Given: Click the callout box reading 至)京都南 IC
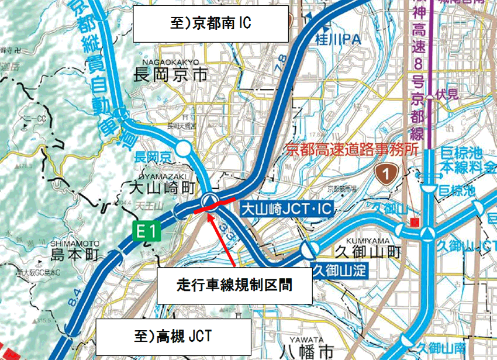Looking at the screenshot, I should [x=210, y=24].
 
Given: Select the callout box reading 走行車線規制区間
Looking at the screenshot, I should [x=234, y=286].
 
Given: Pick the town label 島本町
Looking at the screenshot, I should [x=75, y=255].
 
